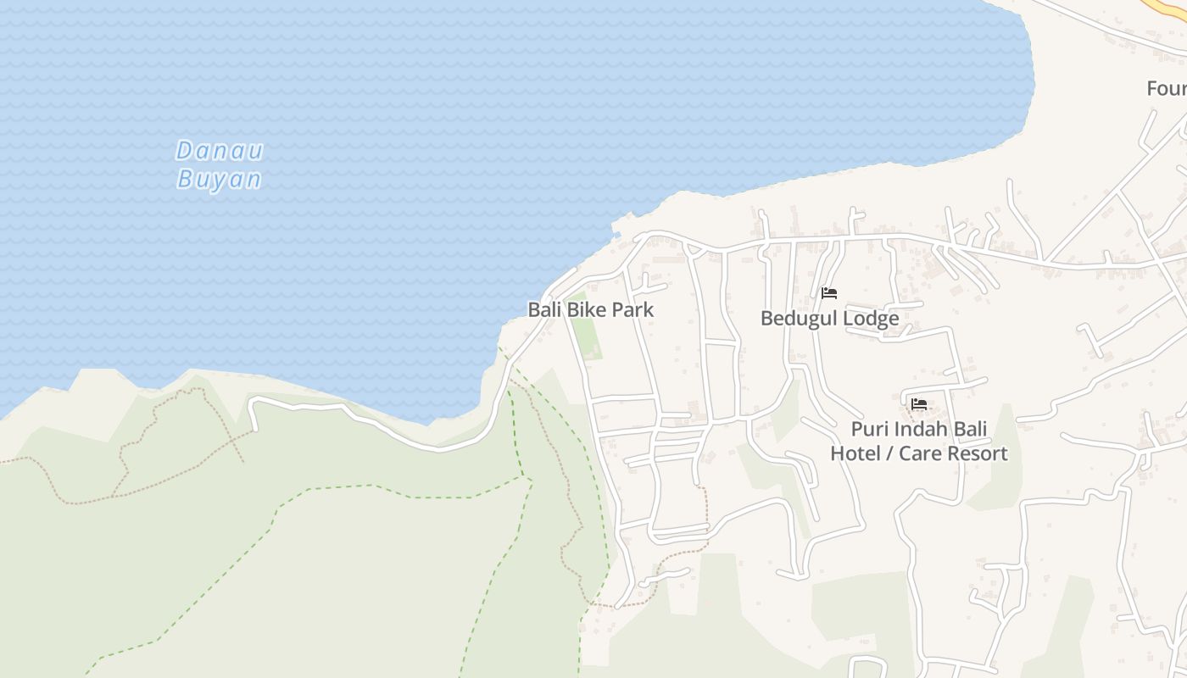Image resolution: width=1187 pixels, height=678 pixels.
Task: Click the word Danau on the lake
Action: [220, 152]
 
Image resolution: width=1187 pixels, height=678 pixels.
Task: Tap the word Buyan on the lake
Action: [219, 180]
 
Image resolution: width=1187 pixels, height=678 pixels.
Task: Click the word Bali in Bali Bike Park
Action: [544, 310]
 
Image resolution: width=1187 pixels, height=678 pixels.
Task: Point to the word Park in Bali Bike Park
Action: [633, 310]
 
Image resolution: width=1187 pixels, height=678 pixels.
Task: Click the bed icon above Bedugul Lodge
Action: [829, 293]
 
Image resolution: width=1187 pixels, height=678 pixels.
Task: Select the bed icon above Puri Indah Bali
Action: [919, 404]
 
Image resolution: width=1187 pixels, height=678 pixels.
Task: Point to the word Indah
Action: [921, 429]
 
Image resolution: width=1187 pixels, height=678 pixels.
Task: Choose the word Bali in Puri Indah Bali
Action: [971, 429]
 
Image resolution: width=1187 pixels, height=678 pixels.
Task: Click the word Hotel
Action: [855, 453]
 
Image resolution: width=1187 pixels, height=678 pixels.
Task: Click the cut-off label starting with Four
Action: [1167, 88]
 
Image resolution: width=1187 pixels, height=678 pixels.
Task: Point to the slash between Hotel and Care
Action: [888, 453]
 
